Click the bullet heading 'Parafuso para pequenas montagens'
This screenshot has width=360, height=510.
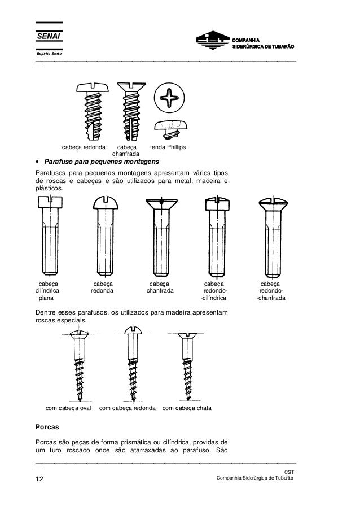point(102,161)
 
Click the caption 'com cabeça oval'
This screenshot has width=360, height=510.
point(68,407)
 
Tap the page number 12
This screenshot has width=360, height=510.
point(40,479)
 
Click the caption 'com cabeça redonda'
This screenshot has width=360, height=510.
point(128,407)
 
